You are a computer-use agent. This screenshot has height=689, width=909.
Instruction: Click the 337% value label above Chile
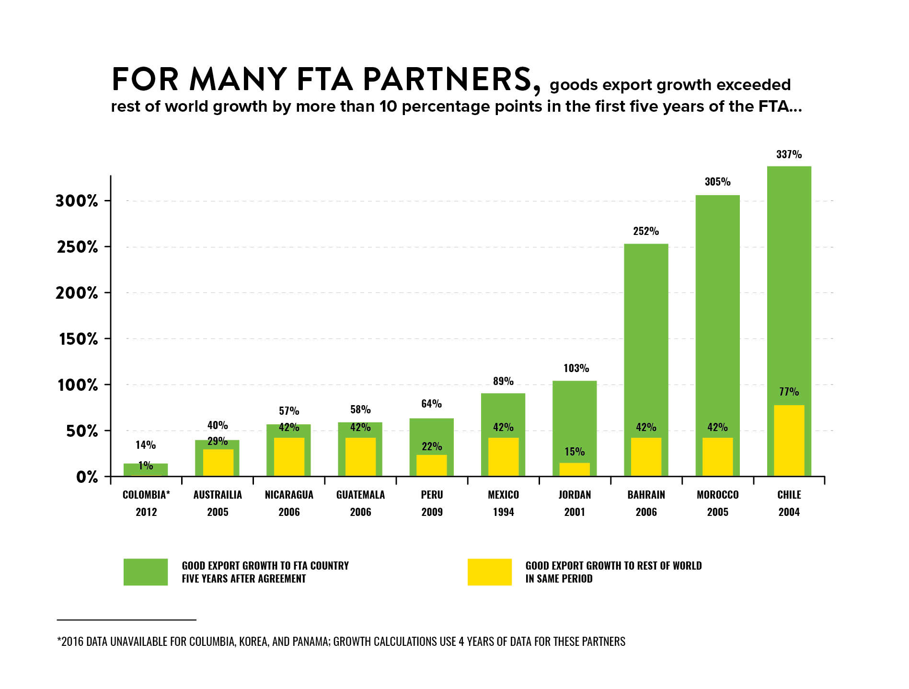pos(789,154)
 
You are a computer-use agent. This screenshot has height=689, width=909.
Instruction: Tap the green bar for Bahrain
pos(645,336)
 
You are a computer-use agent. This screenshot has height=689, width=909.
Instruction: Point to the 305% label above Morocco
pos(717,182)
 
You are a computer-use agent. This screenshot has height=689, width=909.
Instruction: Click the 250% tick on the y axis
pos(78,247)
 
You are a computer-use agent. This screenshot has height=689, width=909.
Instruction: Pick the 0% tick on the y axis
pos(87,477)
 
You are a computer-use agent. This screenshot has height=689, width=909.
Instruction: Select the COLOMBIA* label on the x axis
pos(146,495)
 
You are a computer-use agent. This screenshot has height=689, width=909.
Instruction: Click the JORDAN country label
pos(575,495)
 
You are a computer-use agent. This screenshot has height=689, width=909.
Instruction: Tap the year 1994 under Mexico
pos(503,512)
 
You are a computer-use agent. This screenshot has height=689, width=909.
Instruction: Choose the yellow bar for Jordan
pos(575,469)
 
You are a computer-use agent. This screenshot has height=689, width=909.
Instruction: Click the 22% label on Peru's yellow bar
pos(432,447)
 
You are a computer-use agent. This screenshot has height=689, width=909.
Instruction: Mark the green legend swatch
pos(146,572)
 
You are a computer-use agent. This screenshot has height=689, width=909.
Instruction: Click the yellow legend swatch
pos(489,572)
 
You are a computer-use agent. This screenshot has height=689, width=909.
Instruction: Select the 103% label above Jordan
pos(576,368)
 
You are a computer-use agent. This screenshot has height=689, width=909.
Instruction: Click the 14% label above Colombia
pos(146,445)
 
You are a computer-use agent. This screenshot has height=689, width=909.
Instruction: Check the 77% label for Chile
pos(789,392)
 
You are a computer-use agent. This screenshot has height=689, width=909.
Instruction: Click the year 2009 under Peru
pos(432,512)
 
